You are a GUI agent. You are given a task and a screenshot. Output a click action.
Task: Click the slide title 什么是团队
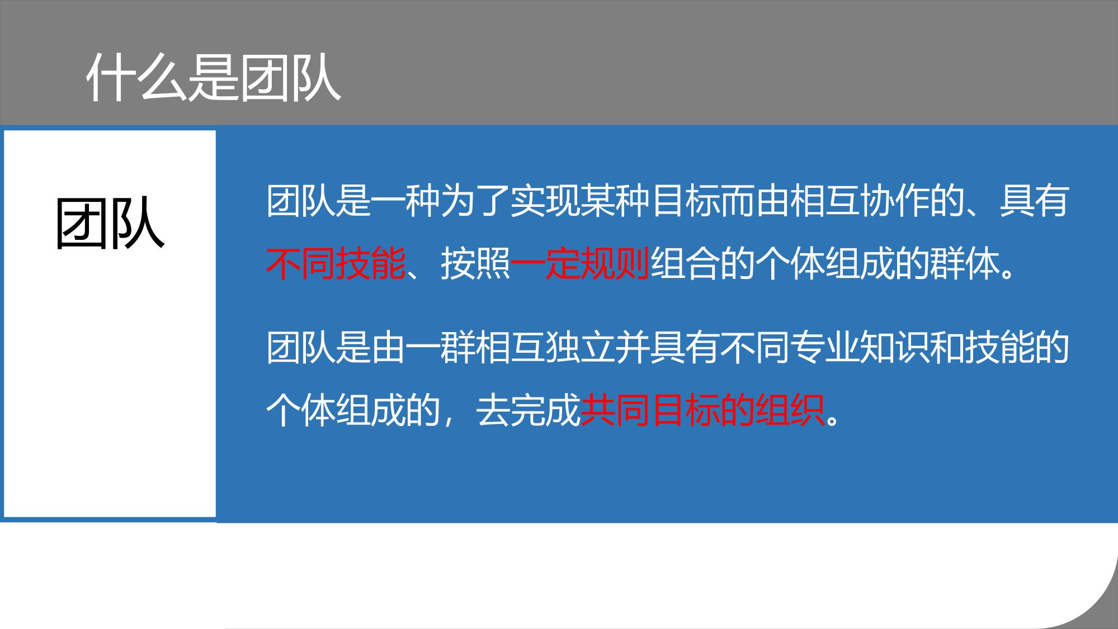(214, 78)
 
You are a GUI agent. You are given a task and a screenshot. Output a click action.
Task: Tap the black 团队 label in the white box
(110, 223)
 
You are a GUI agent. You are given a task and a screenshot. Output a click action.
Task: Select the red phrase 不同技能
(336, 263)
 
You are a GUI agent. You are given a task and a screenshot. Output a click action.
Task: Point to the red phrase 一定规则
(580, 263)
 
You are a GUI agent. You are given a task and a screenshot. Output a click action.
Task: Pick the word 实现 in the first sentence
(545, 201)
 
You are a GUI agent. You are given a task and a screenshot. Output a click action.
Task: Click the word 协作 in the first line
(894, 201)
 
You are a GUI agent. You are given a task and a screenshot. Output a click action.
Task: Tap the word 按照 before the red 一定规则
(475, 263)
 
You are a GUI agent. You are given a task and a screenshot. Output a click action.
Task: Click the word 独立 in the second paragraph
(580, 347)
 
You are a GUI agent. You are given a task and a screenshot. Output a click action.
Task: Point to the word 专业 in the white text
(824, 347)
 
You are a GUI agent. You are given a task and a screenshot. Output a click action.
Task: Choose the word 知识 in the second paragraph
(894, 347)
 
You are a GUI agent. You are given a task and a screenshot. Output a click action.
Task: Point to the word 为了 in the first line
(475, 201)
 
